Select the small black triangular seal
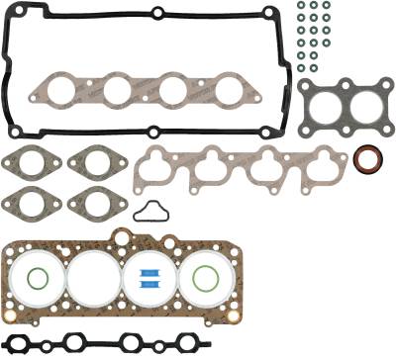pyautogui.click(x=149, y=210)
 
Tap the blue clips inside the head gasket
pyautogui.click(x=150, y=278)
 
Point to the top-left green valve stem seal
pyautogui.click(x=300, y=6)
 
